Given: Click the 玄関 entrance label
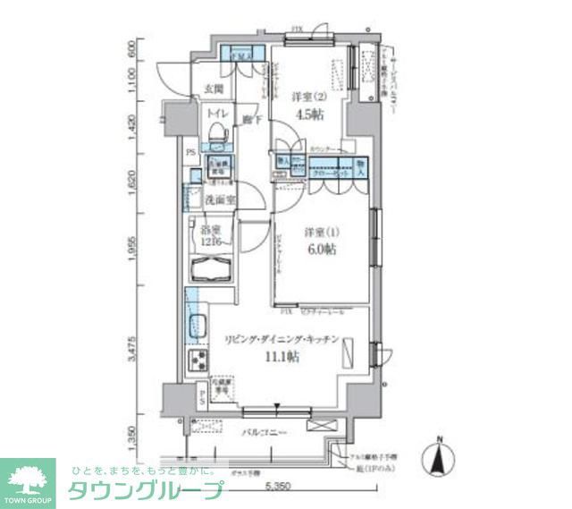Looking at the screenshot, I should coord(213,89).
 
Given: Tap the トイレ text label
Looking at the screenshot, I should coord(215,115).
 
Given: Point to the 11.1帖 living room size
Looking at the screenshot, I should coord(282,356).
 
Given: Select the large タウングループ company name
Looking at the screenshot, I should coord(145,491).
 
